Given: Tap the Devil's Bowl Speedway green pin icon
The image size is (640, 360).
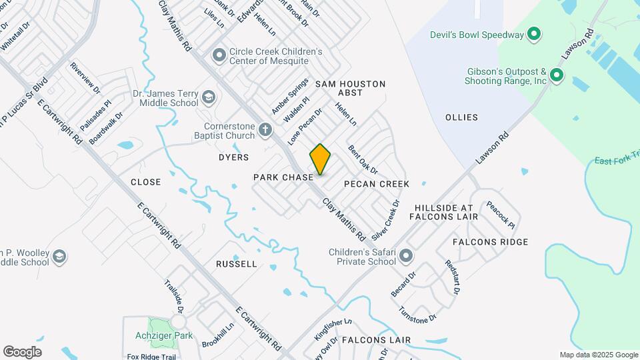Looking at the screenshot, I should tap(533, 34).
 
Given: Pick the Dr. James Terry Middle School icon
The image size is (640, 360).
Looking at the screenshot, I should tap(209, 99).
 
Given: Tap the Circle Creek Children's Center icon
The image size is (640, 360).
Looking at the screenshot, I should tap(219, 56).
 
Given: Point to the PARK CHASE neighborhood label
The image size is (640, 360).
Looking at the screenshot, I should tap(283, 177).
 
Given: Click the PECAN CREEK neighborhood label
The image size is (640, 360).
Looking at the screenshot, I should tap(377, 183).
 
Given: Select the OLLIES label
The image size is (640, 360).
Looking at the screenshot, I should tap(461, 117).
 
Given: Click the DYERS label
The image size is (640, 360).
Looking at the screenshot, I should tap(233, 157).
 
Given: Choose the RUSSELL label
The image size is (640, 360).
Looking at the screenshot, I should tap(237, 264).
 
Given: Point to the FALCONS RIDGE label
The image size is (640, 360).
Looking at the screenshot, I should tap(490, 242).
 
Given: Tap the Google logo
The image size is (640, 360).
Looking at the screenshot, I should tap(22, 351).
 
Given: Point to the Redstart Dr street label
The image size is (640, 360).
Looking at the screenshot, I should tap(452, 277).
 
